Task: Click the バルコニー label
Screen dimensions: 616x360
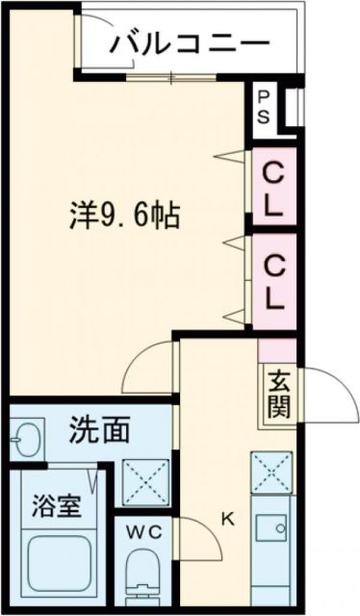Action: [188, 43]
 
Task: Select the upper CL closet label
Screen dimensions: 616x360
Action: [274, 191]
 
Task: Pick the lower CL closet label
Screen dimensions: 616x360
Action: [274, 280]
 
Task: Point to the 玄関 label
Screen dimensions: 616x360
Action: [275, 393]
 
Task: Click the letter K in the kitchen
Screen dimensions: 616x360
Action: [228, 520]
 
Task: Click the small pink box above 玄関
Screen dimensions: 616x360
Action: [276, 349]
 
